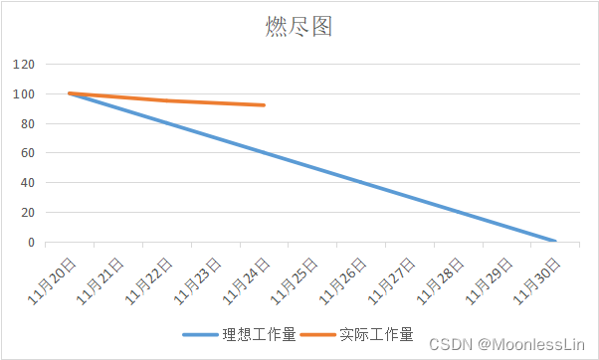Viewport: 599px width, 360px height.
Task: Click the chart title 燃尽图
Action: [x=299, y=27]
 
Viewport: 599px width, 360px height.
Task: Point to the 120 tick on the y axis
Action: [x=25, y=65]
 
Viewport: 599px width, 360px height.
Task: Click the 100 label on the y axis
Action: [x=25, y=94]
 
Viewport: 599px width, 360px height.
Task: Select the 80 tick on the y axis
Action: [x=28, y=123]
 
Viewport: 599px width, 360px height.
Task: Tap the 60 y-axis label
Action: [x=28, y=153]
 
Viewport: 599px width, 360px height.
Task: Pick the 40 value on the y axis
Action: [x=28, y=183]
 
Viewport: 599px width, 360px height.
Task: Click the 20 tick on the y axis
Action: [x=28, y=213]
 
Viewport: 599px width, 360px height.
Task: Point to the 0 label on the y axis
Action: [x=31, y=242]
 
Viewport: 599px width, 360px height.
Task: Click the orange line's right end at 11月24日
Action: [x=264, y=104]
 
